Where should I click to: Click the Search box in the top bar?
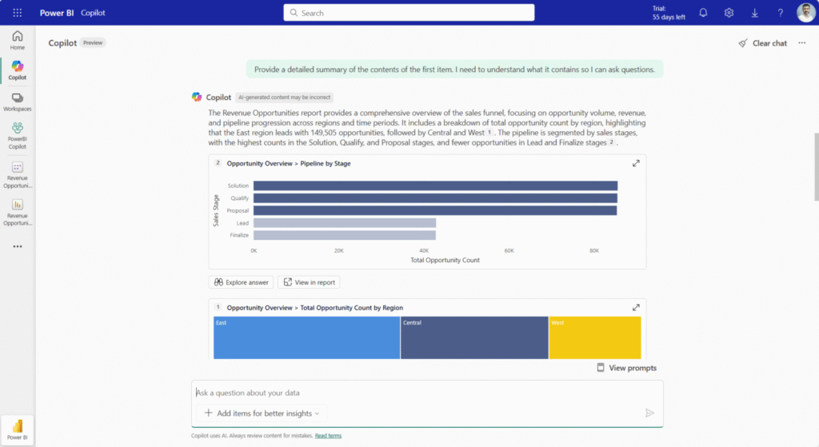click(409, 13)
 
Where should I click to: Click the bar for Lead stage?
click(345, 223)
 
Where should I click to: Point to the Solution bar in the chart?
click(435, 186)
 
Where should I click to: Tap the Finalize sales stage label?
click(239, 235)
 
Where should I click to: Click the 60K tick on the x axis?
click(509, 250)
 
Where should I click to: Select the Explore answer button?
click(241, 282)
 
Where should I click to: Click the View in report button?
click(309, 282)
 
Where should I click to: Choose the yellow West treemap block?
click(594, 338)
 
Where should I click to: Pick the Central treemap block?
click(473, 338)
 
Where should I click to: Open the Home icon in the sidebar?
click(18, 40)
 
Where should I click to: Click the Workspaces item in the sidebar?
click(18, 102)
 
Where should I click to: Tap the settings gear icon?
click(729, 13)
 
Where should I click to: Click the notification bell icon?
click(703, 13)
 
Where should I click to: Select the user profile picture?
click(805, 13)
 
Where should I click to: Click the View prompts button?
click(626, 368)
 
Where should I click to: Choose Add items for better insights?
click(262, 413)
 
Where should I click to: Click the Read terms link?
click(328, 436)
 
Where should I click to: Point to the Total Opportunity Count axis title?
click(445, 261)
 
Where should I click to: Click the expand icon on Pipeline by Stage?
click(636, 163)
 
